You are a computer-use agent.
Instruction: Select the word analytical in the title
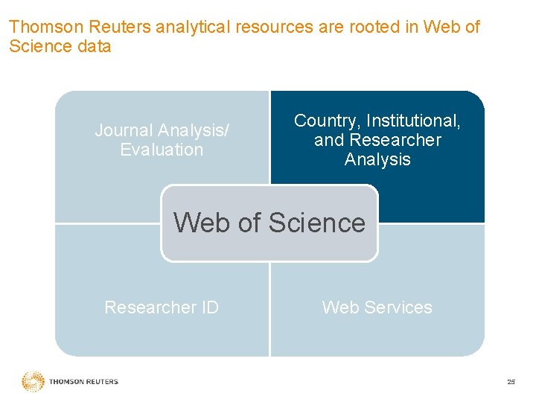[192, 28]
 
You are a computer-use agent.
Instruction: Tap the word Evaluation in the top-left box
[162, 150]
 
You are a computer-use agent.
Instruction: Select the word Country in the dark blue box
[325, 121]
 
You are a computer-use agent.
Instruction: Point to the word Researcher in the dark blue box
[395, 140]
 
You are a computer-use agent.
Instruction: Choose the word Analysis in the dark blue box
[377, 159]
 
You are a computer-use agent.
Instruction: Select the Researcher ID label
[162, 307]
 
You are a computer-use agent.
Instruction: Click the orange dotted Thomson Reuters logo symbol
[33, 381]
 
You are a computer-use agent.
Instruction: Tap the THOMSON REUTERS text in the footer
[83, 382]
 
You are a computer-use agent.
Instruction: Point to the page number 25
[510, 382]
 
